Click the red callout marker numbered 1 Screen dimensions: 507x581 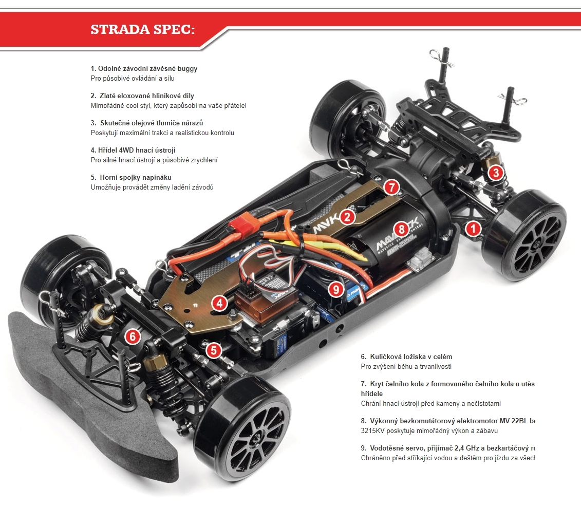point(473,228)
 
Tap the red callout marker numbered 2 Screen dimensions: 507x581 point(347,217)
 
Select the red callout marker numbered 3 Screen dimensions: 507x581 point(495,173)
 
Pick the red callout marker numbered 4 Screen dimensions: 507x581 point(219,303)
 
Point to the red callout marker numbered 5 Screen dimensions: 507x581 point(214,350)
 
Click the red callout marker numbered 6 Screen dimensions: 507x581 point(133,336)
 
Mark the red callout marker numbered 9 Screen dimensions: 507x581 point(336,289)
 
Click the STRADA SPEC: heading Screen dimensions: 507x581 point(142,29)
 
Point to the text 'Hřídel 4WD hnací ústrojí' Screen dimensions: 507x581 point(136,150)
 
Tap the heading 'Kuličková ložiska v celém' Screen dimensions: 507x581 point(410,356)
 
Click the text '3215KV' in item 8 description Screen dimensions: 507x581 point(372,431)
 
